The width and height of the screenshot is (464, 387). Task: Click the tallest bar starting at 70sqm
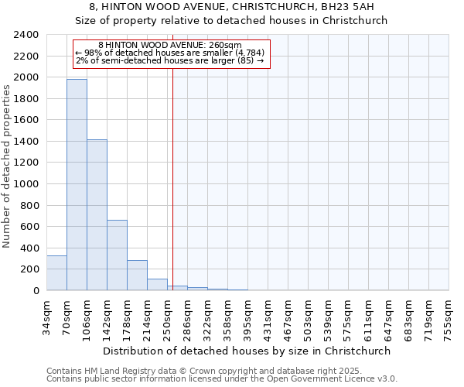[77, 184]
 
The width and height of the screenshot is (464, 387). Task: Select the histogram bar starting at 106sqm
[97, 215]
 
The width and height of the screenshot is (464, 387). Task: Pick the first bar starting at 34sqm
[56, 273]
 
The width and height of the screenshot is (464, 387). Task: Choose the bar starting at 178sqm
[137, 276]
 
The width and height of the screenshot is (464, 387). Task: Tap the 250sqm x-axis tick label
[168, 317]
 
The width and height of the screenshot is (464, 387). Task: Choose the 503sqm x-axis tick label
[309, 317]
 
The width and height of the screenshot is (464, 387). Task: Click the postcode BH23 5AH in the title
[345, 7]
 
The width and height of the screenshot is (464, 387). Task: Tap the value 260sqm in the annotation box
[225, 46]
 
